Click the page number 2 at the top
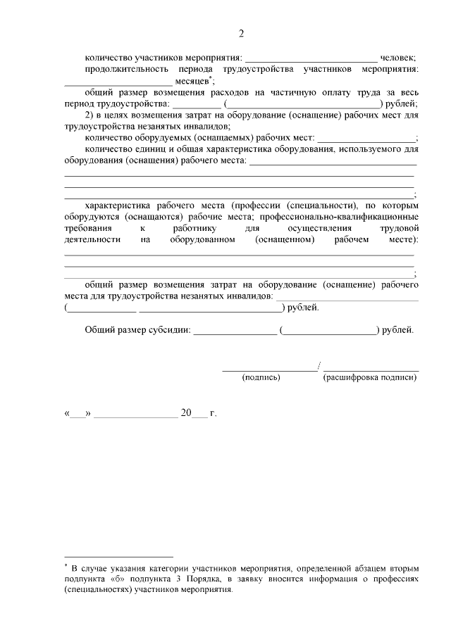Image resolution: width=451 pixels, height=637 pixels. [241, 34]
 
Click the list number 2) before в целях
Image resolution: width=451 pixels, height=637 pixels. [89, 115]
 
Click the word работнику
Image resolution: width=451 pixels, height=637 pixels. [194, 229]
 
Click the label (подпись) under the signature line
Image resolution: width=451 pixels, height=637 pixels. [261, 377]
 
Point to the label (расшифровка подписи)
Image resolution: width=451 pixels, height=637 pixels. [369, 377]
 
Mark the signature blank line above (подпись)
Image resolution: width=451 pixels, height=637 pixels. [270, 368]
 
